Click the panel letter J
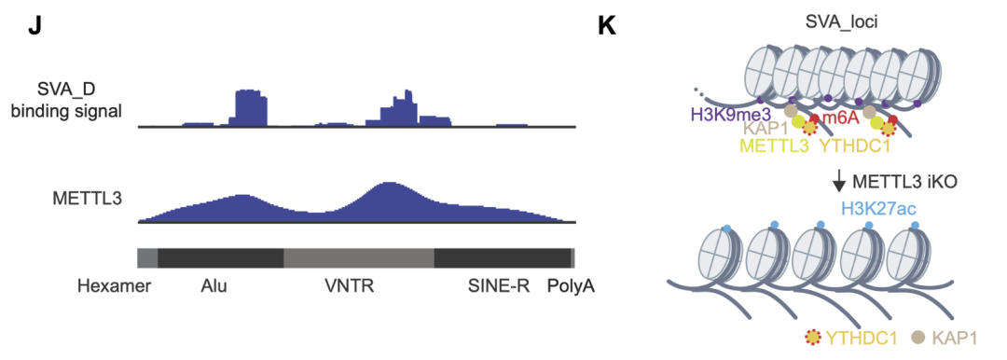pyautogui.click(x=34, y=25)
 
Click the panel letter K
pyautogui.click(x=606, y=25)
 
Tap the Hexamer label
pyautogui.click(x=116, y=285)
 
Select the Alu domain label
pyautogui.click(x=214, y=285)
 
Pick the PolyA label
pyautogui.click(x=571, y=285)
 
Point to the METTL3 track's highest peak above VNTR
pyautogui.click(x=389, y=187)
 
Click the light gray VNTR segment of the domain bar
pyautogui.click(x=359, y=258)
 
